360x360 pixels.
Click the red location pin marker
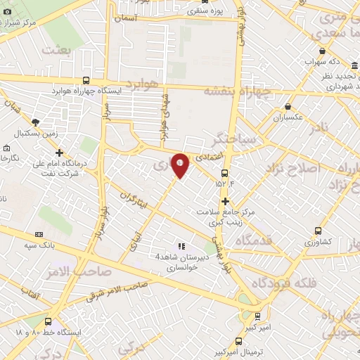tap(180, 165)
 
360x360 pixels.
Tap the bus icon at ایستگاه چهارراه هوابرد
tap(86, 81)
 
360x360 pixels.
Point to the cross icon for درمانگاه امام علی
tap(59, 152)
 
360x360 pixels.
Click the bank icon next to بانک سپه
tap(38, 234)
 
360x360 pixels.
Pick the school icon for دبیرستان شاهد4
tap(181, 247)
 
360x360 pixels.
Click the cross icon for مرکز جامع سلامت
tap(225, 201)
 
